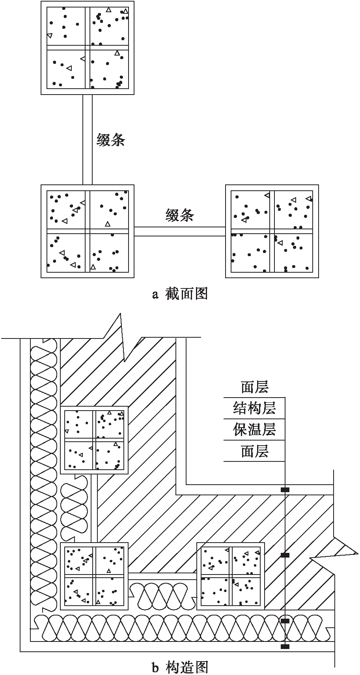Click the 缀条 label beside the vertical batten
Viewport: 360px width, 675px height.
pyautogui.click(x=111, y=139)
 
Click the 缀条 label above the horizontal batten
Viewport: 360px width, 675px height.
pyautogui.click(x=179, y=215)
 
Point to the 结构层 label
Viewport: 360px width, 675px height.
pyautogui.click(x=254, y=408)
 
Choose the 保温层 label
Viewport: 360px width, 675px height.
pyautogui.click(x=254, y=429)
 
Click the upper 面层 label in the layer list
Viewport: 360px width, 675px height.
pyautogui.click(x=254, y=387)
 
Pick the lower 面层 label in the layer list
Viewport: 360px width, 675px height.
pyautogui.click(x=254, y=451)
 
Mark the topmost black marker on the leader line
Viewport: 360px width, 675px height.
pyautogui.click(x=285, y=490)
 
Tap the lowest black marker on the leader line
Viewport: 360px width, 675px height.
pyautogui.click(x=285, y=646)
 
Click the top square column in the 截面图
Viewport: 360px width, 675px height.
pyautogui.click(x=88, y=48)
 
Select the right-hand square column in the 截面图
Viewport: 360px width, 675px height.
pyautogui.click(x=272, y=231)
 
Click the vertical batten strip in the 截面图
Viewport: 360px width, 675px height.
pyautogui.click(x=88, y=139)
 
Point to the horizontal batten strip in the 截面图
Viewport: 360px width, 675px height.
pyautogui.click(x=179, y=231)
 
